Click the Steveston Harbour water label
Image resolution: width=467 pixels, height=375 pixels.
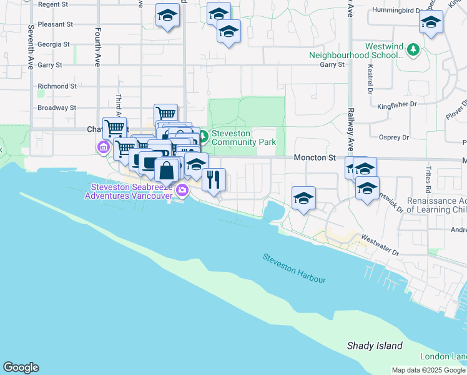tap(294, 267)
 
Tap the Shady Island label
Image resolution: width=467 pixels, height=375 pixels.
tap(375, 346)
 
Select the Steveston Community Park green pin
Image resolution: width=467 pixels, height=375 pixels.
tap(204, 134)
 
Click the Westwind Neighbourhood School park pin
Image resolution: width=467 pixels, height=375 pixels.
tap(412, 49)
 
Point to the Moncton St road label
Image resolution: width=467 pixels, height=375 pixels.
tap(315, 159)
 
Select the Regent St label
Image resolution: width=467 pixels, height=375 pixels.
tap(53, 4)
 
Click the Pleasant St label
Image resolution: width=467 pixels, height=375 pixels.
tap(55, 24)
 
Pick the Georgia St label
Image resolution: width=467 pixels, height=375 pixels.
tap(54, 44)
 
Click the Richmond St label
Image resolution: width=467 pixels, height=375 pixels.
tap(57, 86)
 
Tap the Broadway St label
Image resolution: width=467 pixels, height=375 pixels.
tap(57, 107)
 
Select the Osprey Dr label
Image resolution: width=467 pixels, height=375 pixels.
tap(394, 137)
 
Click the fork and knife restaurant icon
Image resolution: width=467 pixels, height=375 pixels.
tap(214, 179)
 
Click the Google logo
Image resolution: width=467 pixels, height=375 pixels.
tap(21, 367)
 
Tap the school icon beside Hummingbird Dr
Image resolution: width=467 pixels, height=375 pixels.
tap(431, 22)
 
